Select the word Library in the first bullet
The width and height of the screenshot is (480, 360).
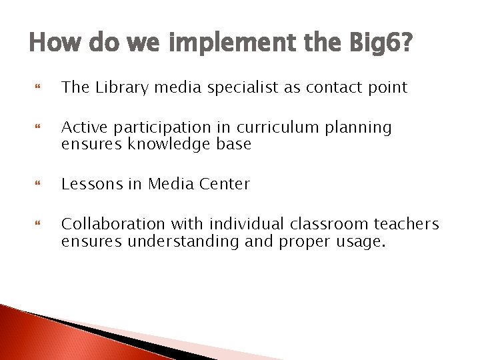pos(117,87)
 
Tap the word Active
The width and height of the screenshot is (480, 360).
pos(83,127)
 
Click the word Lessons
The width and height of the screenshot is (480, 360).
pos(91,184)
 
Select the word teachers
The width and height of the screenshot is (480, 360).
pos(406,224)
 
